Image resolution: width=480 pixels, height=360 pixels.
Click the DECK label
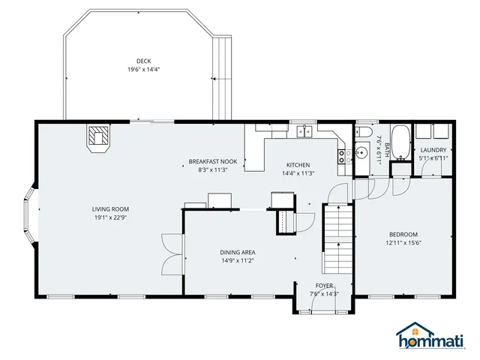point(143,61)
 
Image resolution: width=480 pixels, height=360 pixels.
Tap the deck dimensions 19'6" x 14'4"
point(143,70)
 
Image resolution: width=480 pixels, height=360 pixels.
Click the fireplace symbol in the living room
point(98,137)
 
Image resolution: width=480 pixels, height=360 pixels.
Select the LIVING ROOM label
point(111,209)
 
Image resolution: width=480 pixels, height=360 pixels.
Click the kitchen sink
point(304,132)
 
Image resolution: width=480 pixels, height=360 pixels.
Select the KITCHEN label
point(298,165)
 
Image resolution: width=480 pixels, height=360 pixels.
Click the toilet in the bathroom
point(364,132)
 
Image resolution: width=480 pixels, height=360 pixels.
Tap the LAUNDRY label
point(433,150)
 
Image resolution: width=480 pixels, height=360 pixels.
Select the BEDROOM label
point(403,234)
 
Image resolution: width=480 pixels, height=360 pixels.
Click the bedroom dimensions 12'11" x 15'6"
point(403,242)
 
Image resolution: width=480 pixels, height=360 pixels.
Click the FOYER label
point(324,286)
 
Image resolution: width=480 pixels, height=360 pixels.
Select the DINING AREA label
point(238,252)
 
